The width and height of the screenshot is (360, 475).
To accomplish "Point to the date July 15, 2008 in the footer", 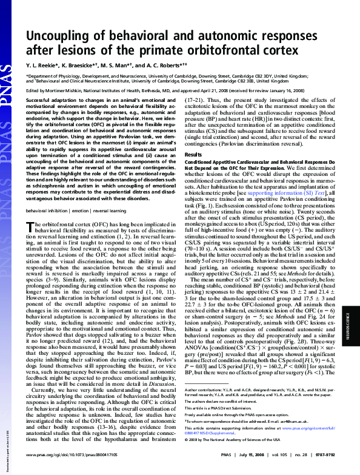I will pos(242,453).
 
